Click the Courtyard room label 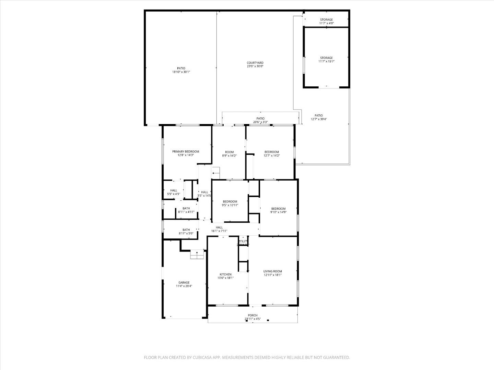tap(255, 63)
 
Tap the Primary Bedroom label tap(186, 151)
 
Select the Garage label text tap(184, 283)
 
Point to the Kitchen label tap(225, 274)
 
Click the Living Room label tap(272, 271)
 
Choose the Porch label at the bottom tap(252, 316)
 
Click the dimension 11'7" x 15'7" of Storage tap(326, 61)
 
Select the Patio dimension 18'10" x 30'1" tap(181, 72)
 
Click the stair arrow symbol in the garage tap(197, 253)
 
